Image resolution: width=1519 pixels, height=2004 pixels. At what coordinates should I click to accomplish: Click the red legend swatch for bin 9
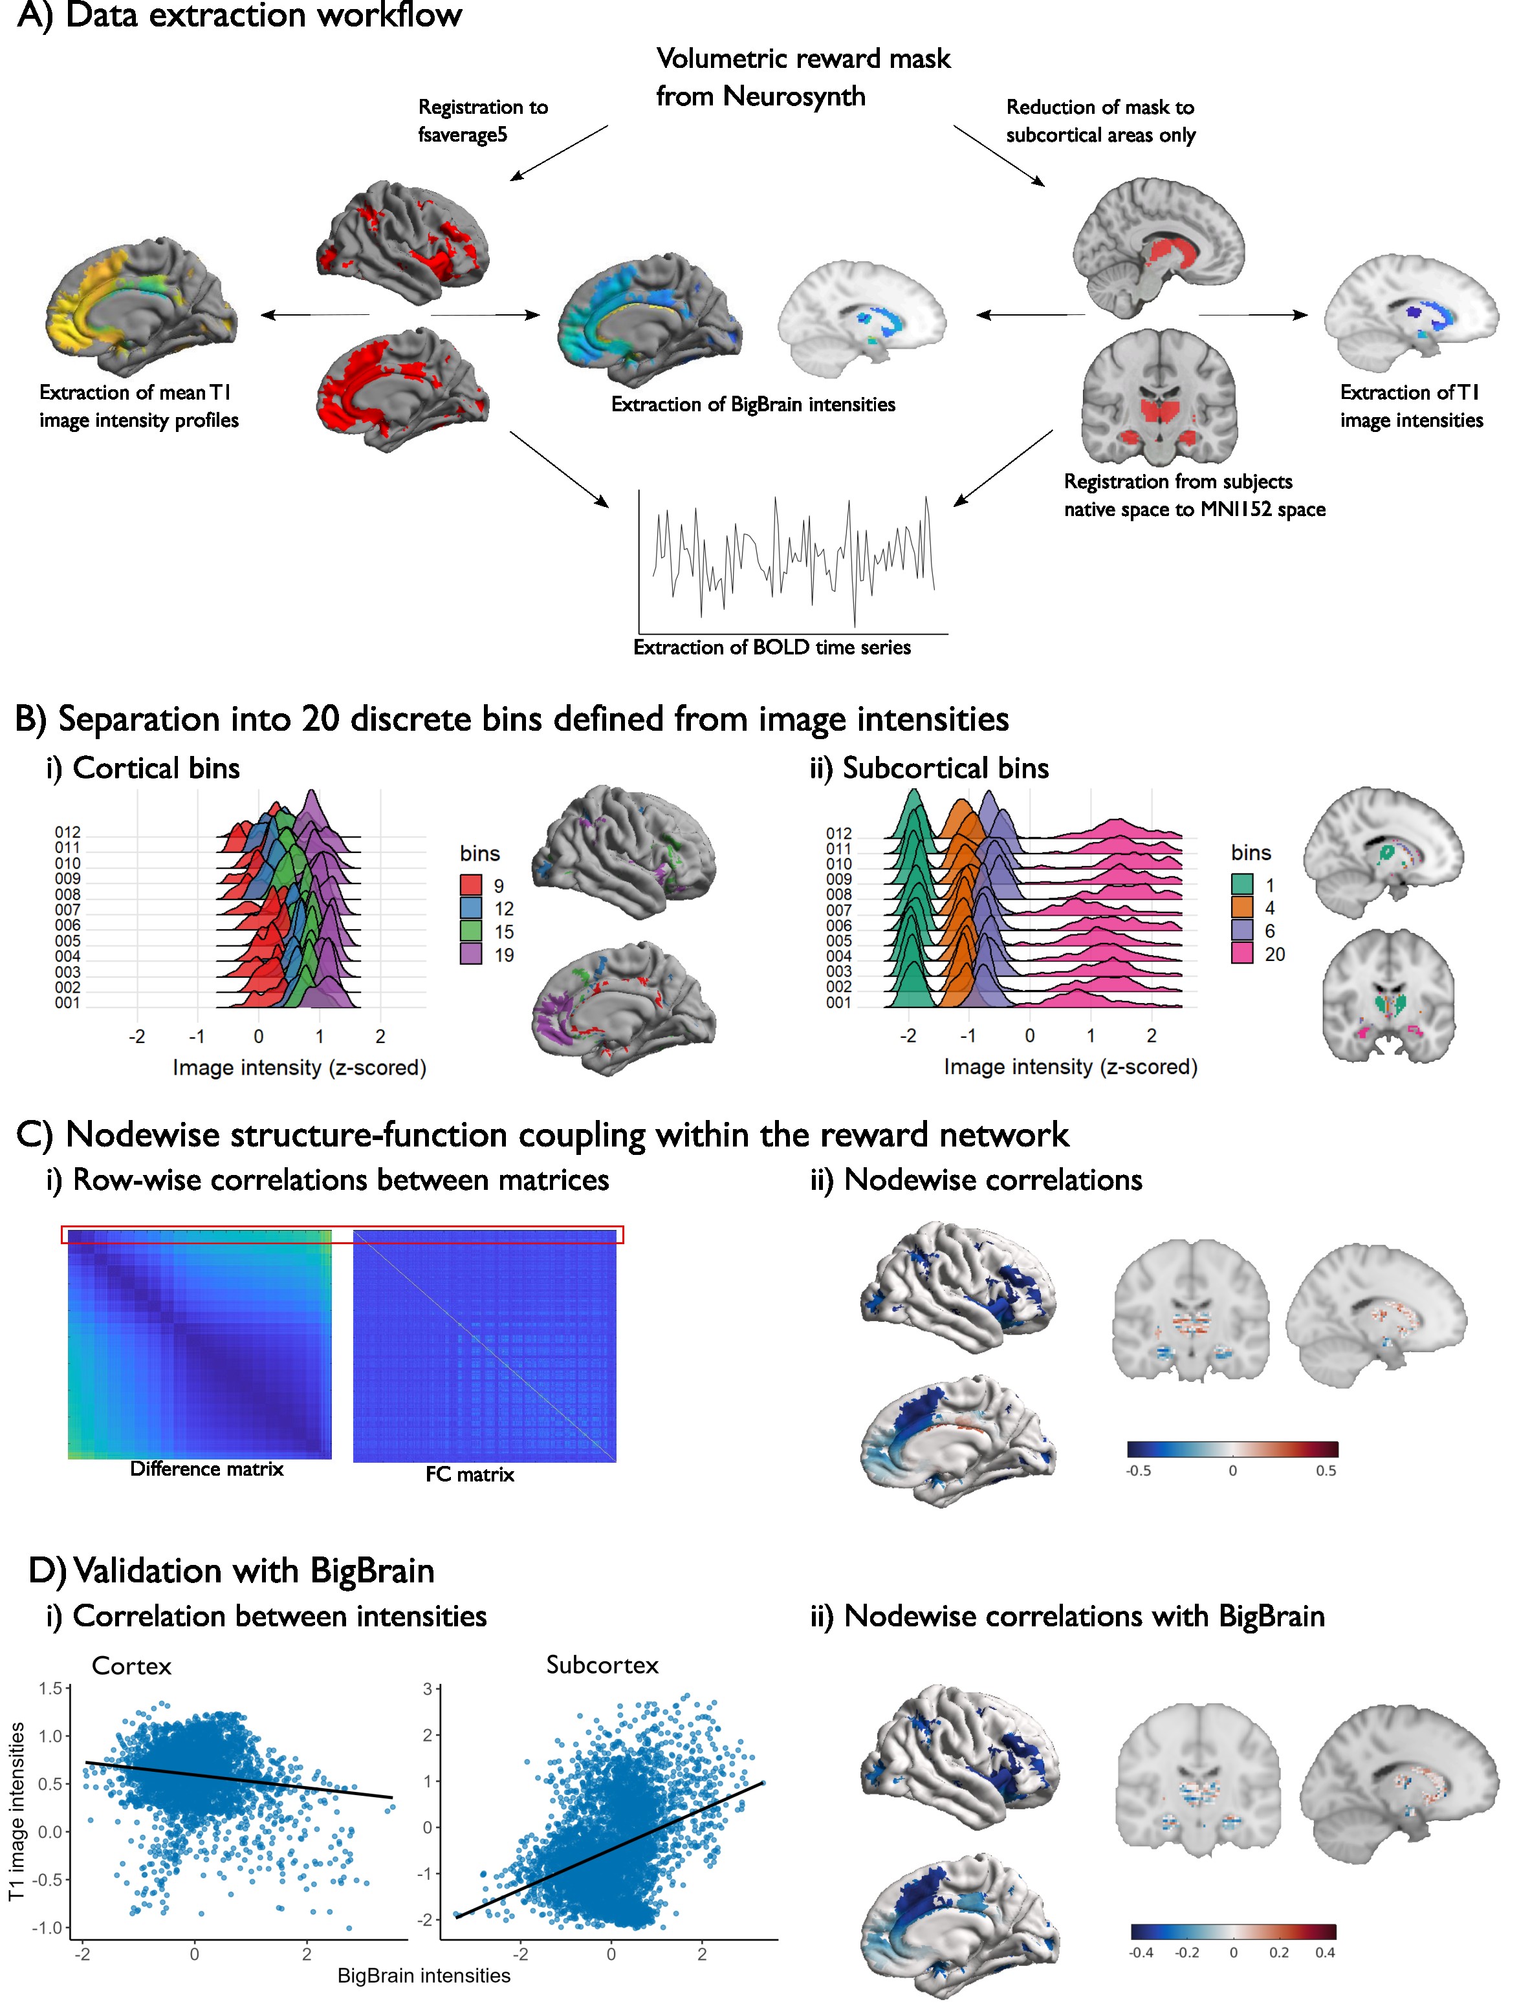pyautogui.click(x=470, y=884)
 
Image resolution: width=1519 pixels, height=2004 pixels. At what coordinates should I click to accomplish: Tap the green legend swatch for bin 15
pyautogui.click(x=470, y=931)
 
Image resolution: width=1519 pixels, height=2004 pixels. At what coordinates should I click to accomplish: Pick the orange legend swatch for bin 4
pyautogui.click(x=1241, y=907)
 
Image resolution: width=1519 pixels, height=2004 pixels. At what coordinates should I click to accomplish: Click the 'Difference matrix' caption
pyautogui.click(x=206, y=1469)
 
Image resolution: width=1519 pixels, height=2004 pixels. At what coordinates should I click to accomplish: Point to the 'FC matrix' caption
pyautogui.click(x=470, y=1474)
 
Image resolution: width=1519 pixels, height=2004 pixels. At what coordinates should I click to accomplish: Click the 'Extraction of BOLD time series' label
pyautogui.click(x=771, y=647)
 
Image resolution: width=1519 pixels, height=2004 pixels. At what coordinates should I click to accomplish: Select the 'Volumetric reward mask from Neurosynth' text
pyautogui.click(x=803, y=77)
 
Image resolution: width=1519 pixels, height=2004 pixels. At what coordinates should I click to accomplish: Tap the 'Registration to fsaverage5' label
pyautogui.click(x=482, y=120)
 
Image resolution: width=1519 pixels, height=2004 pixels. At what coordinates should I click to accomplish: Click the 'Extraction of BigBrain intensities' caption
pyautogui.click(x=752, y=404)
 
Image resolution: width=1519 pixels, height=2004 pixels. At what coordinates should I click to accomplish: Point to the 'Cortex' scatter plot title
pyautogui.click(x=131, y=1666)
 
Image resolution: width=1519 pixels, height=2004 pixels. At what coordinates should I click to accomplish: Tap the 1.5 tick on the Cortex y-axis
pyautogui.click(x=50, y=1688)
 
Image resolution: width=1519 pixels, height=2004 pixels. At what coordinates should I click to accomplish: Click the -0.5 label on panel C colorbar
pyautogui.click(x=1139, y=1471)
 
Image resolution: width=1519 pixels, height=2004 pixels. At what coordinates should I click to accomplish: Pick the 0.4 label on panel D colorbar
pyautogui.click(x=1324, y=1952)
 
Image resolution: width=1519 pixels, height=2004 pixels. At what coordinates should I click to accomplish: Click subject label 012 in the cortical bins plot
pyautogui.click(x=67, y=832)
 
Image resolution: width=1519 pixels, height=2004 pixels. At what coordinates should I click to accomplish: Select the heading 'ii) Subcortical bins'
pyautogui.click(x=929, y=768)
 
